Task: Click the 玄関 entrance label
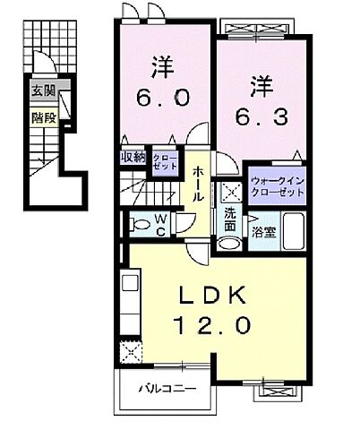pos(41,90)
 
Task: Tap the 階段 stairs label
pos(41,116)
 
